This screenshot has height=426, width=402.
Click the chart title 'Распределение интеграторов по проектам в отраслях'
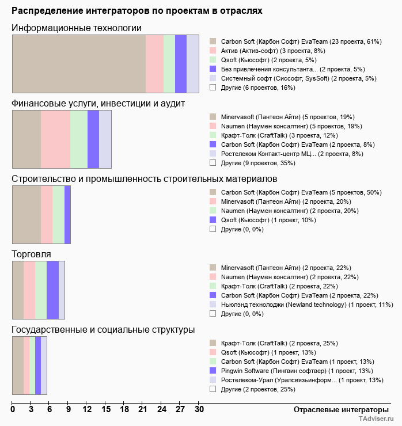coord(137,11)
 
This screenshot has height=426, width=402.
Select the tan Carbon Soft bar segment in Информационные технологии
coord(79,63)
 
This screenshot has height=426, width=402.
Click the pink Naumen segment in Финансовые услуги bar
coord(55,139)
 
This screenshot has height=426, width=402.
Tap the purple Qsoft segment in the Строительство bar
coord(67,215)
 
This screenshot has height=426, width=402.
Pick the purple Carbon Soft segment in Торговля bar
coord(52,290)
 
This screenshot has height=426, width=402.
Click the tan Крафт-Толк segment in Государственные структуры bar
coord(18,366)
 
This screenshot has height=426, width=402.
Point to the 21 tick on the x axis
coord(143,409)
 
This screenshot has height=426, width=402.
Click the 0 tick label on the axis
coord(13,409)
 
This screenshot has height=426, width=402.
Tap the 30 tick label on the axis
coord(199,409)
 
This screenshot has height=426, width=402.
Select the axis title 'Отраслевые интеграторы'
coord(337,409)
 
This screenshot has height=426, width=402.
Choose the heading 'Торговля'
coord(31,254)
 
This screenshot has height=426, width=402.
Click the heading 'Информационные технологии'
coord(77,28)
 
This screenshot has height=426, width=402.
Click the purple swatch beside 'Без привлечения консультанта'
coord(213,69)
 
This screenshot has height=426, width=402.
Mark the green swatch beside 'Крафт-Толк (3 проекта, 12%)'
coord(213,135)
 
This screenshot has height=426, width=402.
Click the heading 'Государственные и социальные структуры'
coord(103,330)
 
